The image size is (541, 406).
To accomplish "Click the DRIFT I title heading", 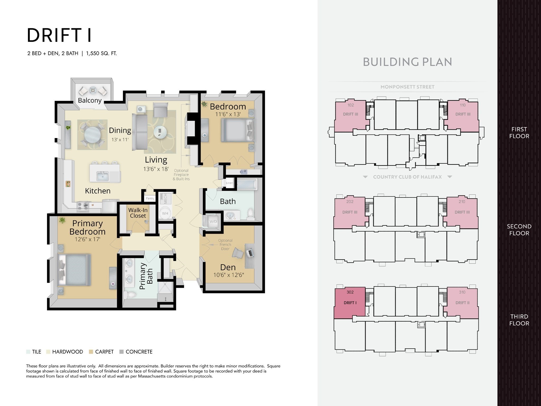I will pyautogui.click(x=59, y=35).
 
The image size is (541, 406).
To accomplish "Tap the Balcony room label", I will pyautogui.click(x=90, y=100).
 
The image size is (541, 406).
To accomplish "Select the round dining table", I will pyautogui.click(x=92, y=135).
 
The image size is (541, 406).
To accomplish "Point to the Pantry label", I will pyautogui.click(x=150, y=199).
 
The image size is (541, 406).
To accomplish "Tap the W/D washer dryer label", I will pyautogui.click(x=213, y=222).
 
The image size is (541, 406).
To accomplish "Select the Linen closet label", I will pyautogui.click(x=229, y=183).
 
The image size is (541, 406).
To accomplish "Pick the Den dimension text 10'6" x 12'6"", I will pyautogui.click(x=228, y=275).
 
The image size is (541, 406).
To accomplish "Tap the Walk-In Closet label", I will pyautogui.click(x=138, y=213).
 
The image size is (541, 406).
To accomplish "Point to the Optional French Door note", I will pyautogui.click(x=225, y=244).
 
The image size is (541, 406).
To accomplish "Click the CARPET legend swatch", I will pyautogui.click(x=91, y=352).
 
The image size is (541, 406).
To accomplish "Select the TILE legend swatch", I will pyautogui.click(x=28, y=352).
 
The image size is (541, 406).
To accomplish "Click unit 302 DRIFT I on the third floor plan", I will pyautogui.click(x=350, y=303).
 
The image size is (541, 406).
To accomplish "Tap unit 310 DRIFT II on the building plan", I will pyautogui.click(x=462, y=303).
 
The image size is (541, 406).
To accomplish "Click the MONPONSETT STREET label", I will pyautogui.click(x=407, y=87).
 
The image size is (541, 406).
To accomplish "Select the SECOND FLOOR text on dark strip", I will pyautogui.click(x=519, y=230).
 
